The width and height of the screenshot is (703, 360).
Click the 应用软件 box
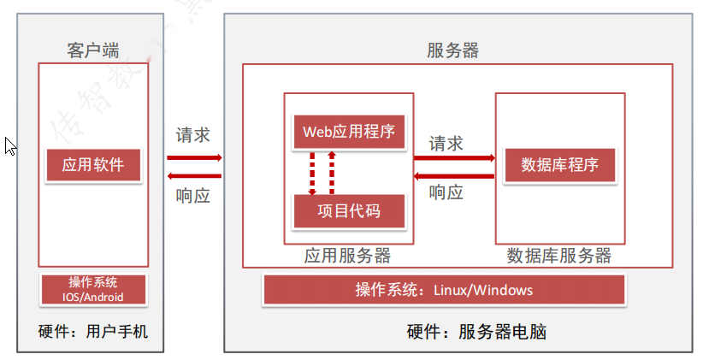click(x=93, y=164)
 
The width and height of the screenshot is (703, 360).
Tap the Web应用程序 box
click(x=348, y=132)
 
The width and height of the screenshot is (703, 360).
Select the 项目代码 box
click(x=348, y=210)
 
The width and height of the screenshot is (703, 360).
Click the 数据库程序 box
click(x=559, y=165)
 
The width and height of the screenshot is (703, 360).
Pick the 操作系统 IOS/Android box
click(x=93, y=289)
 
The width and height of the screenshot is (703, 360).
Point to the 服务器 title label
click(x=452, y=50)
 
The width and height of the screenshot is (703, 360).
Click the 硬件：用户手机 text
click(x=93, y=331)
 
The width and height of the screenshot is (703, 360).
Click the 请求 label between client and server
click(x=193, y=135)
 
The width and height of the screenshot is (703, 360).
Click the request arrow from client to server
click(x=194, y=157)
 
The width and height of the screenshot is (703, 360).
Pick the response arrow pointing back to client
click(x=194, y=176)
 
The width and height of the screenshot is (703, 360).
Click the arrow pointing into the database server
click(x=454, y=158)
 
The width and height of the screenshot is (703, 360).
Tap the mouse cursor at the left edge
click(x=10, y=146)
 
